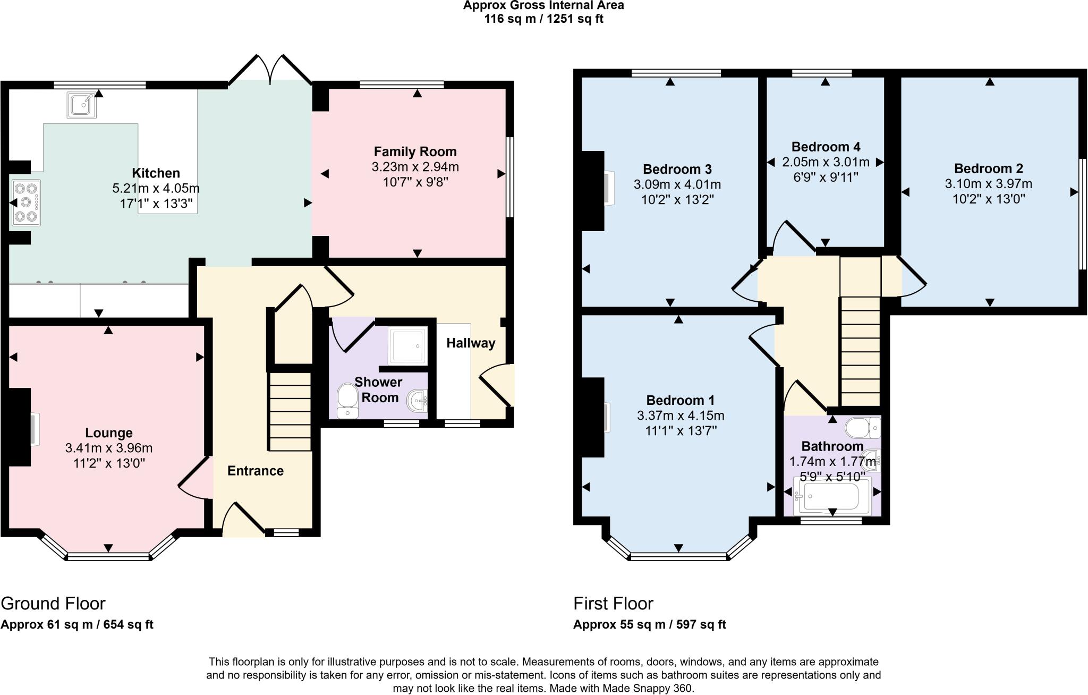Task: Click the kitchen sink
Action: [81, 105]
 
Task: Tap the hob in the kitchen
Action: [26, 202]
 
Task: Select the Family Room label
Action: [415, 152]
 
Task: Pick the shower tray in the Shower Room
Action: [407, 345]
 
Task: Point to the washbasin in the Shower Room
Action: [418, 401]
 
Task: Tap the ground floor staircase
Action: [290, 412]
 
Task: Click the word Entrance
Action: [255, 471]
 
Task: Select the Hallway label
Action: [471, 343]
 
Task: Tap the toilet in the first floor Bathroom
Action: [862, 427]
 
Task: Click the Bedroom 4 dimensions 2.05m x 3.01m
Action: [826, 162]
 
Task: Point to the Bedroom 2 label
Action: [988, 169]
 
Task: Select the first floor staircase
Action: [860, 351]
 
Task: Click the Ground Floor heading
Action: [53, 604]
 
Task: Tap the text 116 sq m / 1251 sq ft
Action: [543, 19]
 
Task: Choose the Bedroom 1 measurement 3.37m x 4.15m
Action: [680, 416]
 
